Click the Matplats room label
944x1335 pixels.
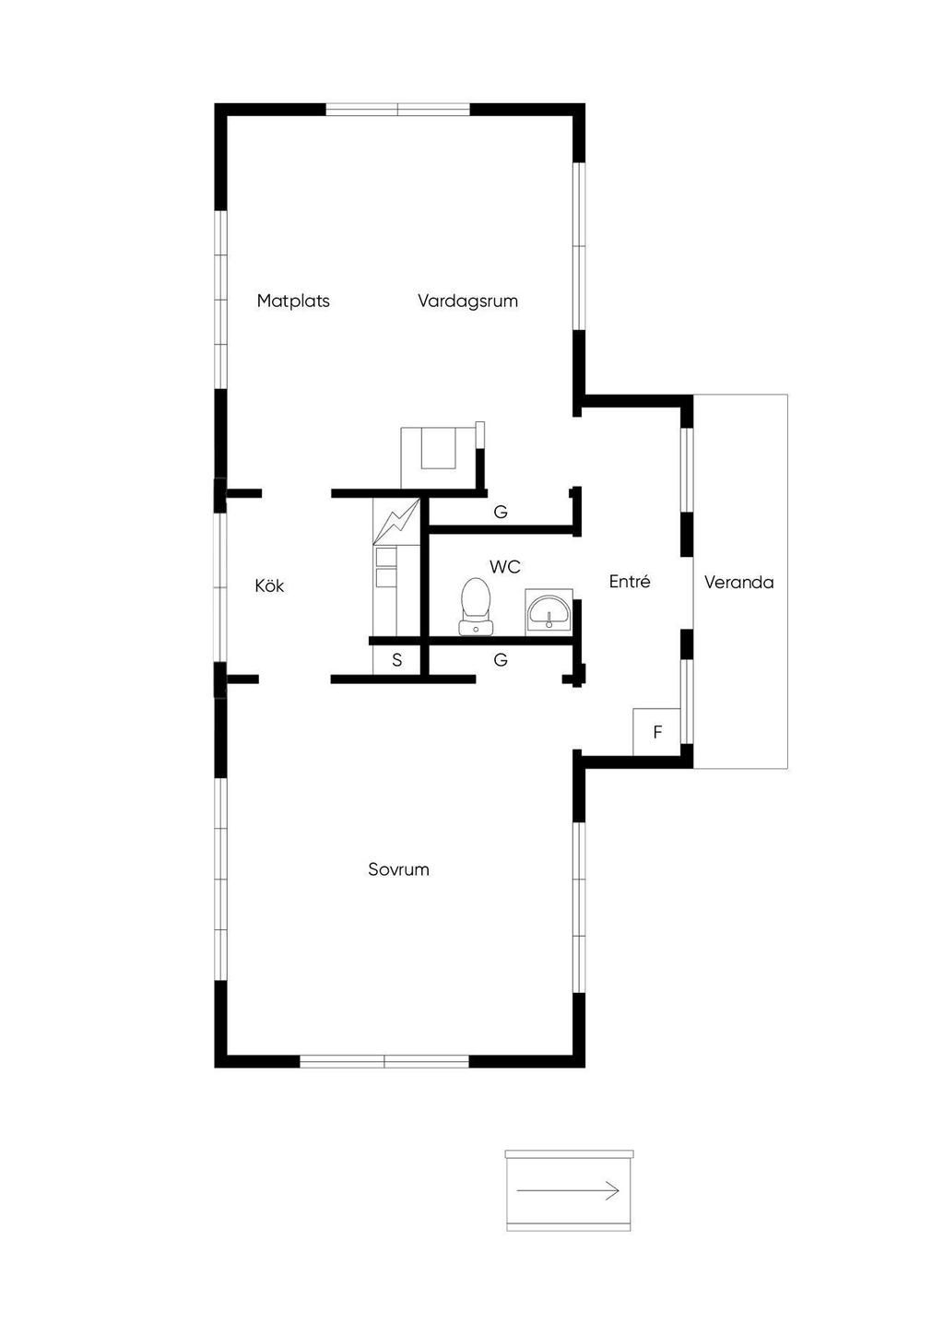[x=293, y=301]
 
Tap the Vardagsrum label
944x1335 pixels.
[x=467, y=301]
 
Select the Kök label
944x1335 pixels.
[x=269, y=585]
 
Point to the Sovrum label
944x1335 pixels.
[x=398, y=869]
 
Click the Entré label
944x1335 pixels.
[x=630, y=582]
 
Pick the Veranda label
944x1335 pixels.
[x=738, y=583]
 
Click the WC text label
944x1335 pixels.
[x=505, y=566]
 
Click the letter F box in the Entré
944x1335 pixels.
[x=657, y=732]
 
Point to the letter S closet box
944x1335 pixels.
[x=396, y=660]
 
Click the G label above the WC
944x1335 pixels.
[x=501, y=513]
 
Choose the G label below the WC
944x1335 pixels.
[x=501, y=660]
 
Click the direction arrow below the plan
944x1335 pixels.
[x=568, y=1191]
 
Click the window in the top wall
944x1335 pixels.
[x=398, y=109]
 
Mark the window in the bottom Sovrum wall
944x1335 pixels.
[x=384, y=1061]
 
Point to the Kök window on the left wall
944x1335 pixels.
[x=220, y=586]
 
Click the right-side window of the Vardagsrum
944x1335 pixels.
[x=579, y=246]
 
